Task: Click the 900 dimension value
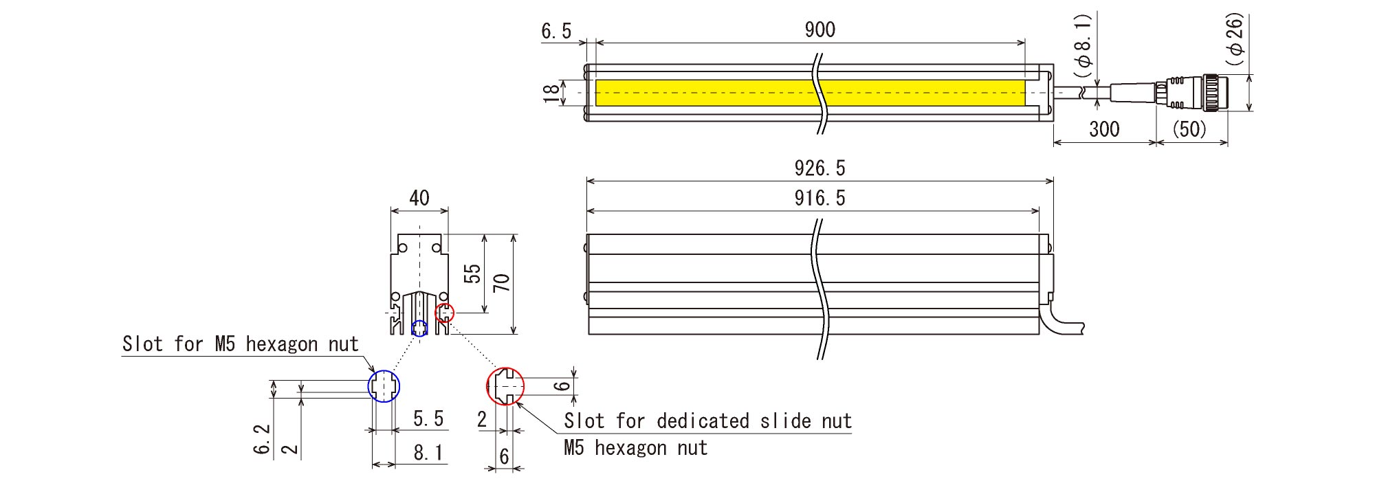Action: click(x=819, y=30)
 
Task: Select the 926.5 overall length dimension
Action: click(x=819, y=168)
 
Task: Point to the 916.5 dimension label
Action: click(x=819, y=199)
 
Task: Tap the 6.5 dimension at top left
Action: click(x=556, y=32)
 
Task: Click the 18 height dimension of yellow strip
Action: click(x=551, y=93)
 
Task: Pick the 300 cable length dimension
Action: click(x=1104, y=129)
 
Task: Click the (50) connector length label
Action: click(x=1189, y=129)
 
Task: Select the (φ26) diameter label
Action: click(x=1235, y=39)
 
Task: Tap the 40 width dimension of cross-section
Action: click(x=419, y=199)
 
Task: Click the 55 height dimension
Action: click(x=472, y=273)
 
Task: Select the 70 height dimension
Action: click(x=502, y=282)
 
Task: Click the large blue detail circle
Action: click(x=384, y=385)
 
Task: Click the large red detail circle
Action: click(x=505, y=385)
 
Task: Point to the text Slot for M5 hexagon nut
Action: click(x=241, y=344)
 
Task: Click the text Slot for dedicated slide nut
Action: click(x=707, y=421)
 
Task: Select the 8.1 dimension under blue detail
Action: click(x=428, y=453)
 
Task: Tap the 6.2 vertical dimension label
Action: click(x=262, y=439)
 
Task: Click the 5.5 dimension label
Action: click(x=428, y=418)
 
